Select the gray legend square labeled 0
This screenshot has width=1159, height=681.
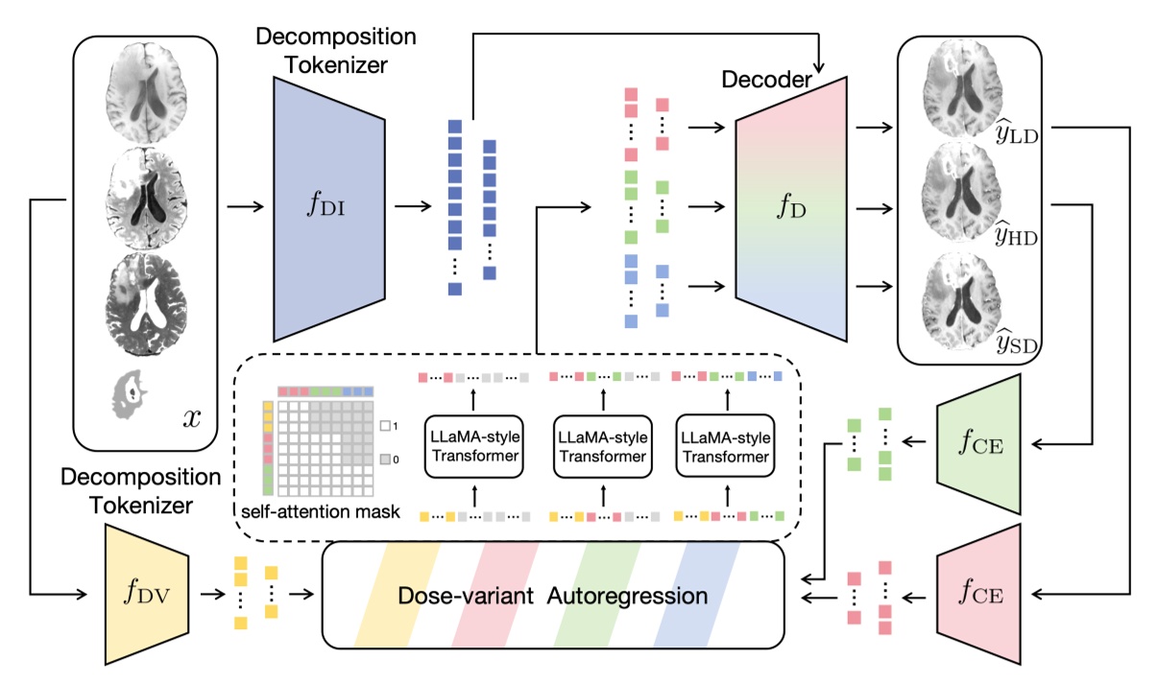(x=385, y=460)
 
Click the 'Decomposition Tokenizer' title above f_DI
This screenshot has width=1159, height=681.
(x=335, y=50)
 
